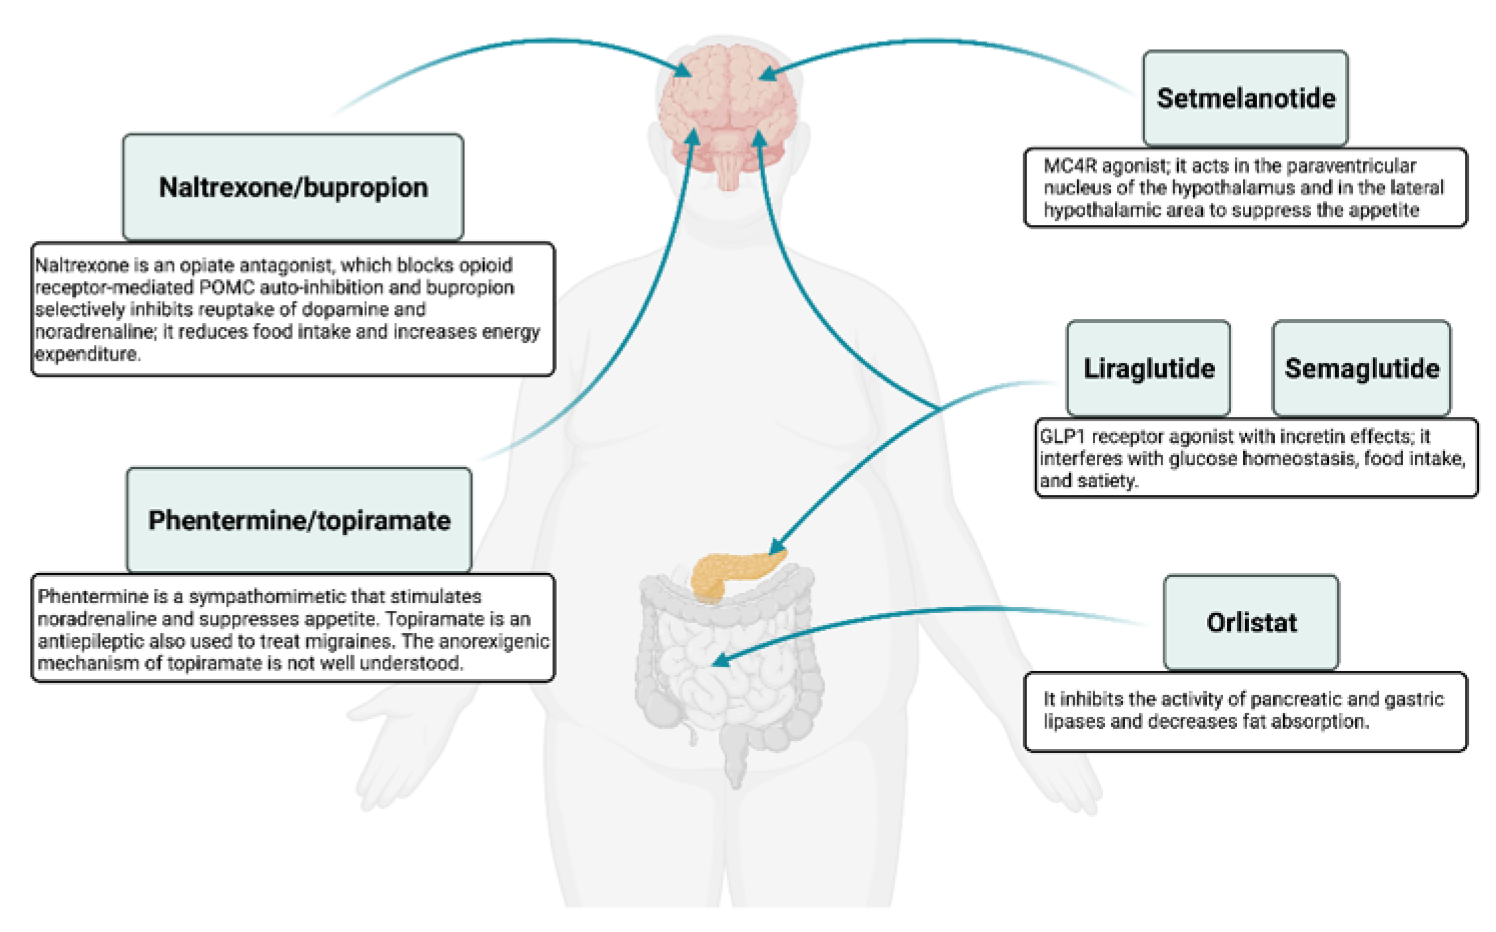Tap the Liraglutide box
click(1148, 368)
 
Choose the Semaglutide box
click(1361, 368)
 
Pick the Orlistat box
click(1251, 622)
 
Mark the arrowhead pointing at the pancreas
click(776, 547)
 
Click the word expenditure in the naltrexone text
click(87, 354)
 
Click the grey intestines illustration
click(728, 678)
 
